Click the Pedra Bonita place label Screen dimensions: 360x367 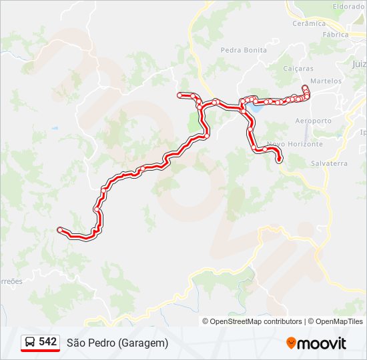[x=244, y=50]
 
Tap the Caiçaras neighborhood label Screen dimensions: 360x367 [x=298, y=68]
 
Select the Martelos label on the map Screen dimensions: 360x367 [x=326, y=81]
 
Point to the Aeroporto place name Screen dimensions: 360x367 [x=313, y=121]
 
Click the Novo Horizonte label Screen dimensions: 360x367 [x=294, y=144]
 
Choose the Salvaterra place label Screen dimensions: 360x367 [x=329, y=163]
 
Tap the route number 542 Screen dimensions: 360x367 [x=47, y=341]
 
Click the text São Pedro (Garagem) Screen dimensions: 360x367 [x=117, y=343]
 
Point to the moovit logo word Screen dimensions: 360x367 [x=322, y=343]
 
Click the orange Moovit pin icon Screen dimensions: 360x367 [x=291, y=343]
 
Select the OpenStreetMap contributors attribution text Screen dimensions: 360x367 [x=256, y=321]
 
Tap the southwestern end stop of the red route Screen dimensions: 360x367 [x=61, y=230]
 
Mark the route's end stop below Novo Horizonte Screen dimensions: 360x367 [x=279, y=160]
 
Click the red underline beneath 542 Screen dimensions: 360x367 [x=40, y=351]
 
